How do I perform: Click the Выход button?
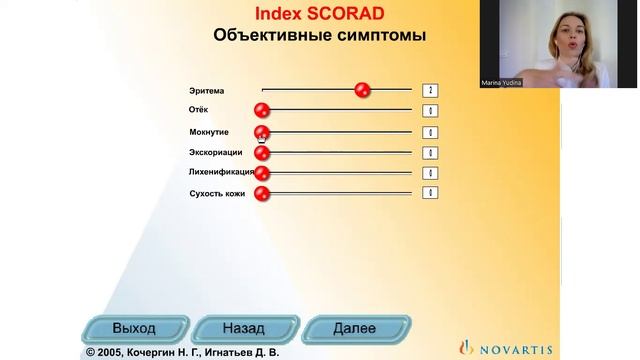[x=134, y=327]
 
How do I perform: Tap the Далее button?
[x=354, y=327]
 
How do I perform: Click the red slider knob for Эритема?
[x=363, y=90]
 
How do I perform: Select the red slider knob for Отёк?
[x=262, y=110]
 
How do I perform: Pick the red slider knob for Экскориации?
[x=262, y=152]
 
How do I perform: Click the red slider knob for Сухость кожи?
[x=262, y=193]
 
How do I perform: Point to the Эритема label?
[x=207, y=90]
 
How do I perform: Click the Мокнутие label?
[x=209, y=131]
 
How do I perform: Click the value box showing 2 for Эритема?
[x=430, y=90]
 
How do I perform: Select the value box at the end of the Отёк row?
[x=430, y=110]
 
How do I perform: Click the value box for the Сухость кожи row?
[x=430, y=193]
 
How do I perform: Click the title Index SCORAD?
[x=319, y=13]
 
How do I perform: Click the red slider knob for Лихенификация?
[x=262, y=172]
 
